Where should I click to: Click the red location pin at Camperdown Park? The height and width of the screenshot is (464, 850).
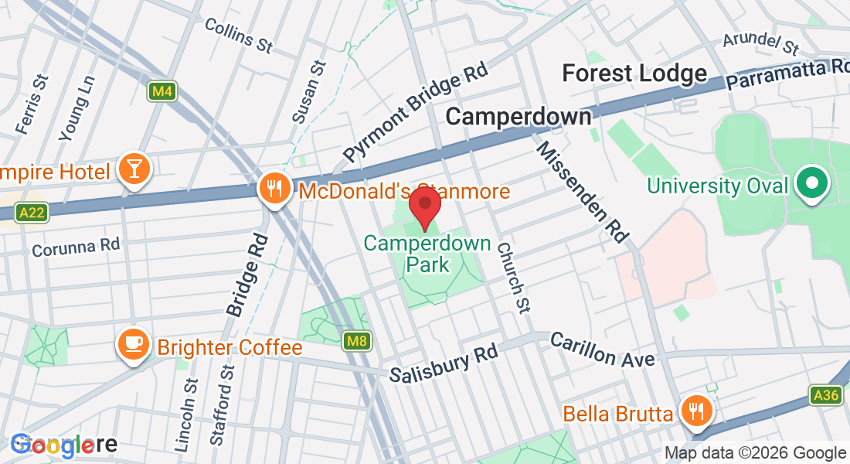click(425, 206)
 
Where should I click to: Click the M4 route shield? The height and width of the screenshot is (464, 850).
click(161, 92)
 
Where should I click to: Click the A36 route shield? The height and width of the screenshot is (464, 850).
click(826, 396)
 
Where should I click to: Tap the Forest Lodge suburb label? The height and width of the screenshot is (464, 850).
click(634, 73)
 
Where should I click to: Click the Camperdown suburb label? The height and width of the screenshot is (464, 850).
click(518, 117)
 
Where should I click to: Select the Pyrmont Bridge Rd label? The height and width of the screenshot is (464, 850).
click(416, 112)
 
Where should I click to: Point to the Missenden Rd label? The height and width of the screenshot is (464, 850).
click(581, 192)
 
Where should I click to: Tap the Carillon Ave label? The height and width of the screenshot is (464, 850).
click(603, 350)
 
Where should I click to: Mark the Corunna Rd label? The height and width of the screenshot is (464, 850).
click(76, 247)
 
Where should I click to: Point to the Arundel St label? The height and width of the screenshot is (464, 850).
click(760, 44)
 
